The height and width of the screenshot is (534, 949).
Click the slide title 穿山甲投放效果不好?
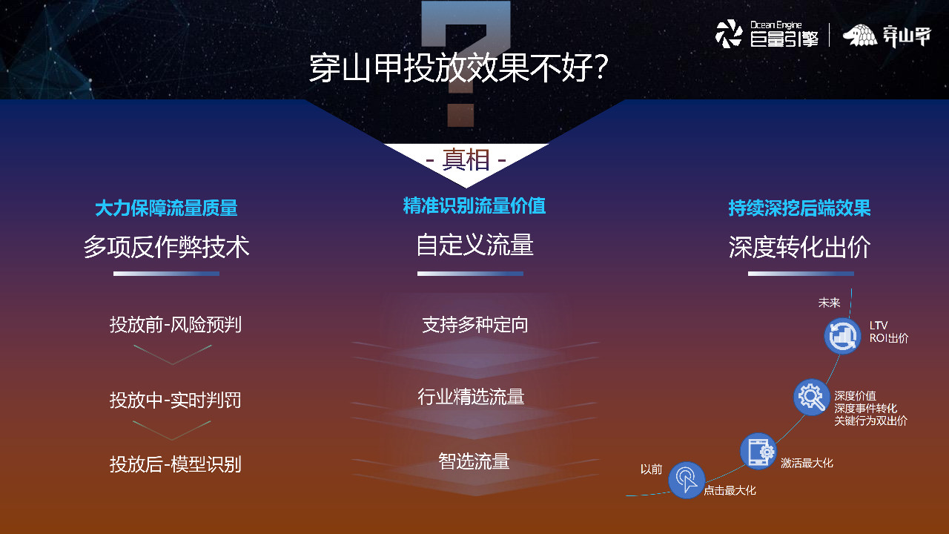[459, 69]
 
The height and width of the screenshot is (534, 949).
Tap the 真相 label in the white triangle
[466, 159]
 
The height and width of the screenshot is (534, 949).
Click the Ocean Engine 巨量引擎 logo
[767, 34]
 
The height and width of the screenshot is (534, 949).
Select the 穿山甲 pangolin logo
[886, 36]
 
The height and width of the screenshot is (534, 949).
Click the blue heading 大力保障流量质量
[166, 208]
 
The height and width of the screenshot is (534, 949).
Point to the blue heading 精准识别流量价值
[474, 206]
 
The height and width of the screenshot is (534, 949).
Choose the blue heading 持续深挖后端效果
[799, 208]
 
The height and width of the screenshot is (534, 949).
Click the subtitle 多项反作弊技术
[166, 247]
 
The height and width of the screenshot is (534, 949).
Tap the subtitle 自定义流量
[474, 245]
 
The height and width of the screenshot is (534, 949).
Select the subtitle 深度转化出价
[799, 247]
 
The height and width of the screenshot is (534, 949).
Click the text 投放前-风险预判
[176, 325]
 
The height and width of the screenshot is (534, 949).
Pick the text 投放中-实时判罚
[176, 400]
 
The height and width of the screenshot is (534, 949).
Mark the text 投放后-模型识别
[176, 465]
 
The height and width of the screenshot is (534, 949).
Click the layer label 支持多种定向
[474, 325]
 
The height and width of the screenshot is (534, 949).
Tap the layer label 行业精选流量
[471, 397]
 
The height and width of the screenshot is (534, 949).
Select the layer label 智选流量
[474, 461]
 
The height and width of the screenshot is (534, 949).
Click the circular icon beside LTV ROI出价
[842, 337]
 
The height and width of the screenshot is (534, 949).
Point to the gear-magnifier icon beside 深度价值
[811, 397]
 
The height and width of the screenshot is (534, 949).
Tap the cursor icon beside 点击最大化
[687, 479]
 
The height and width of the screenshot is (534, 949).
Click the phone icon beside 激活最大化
[758, 451]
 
